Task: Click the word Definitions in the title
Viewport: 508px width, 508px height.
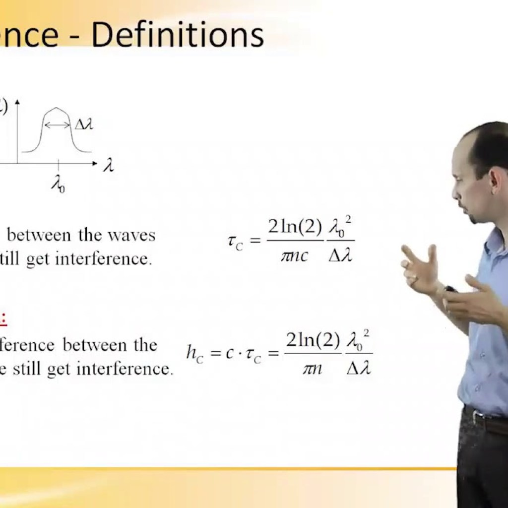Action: [x=178, y=36]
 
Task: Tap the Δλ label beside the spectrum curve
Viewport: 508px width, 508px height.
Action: [x=83, y=125]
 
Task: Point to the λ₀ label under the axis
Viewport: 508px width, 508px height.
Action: [x=58, y=185]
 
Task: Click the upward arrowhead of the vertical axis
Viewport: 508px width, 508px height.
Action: [x=17, y=103]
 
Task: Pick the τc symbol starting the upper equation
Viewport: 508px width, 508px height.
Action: [x=235, y=242]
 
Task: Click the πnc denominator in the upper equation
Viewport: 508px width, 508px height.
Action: [x=295, y=256]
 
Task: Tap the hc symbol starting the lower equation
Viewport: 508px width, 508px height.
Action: [x=195, y=353]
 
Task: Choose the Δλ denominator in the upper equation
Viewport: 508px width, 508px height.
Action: [x=340, y=256]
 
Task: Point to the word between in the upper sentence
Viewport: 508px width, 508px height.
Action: [x=39, y=235]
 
